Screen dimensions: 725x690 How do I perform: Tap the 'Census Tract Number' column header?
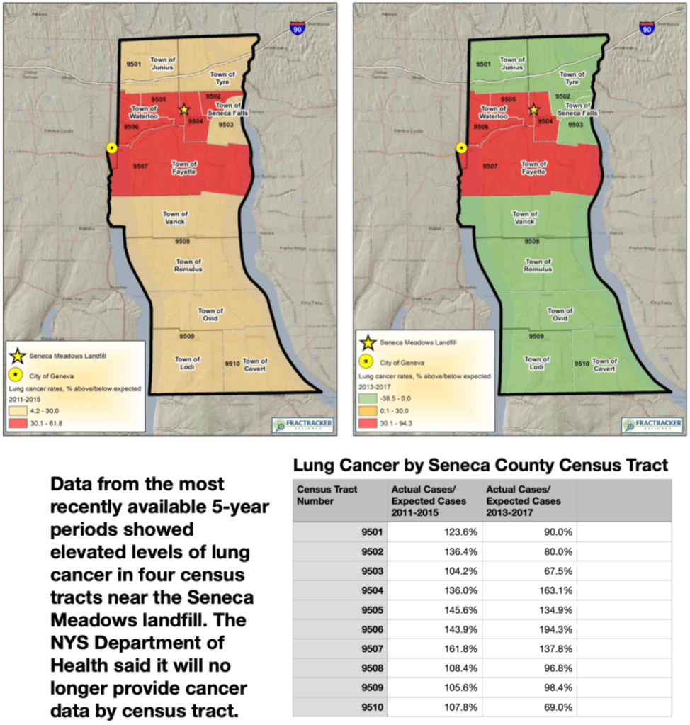(x=328, y=495)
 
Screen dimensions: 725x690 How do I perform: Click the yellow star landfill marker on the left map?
(x=184, y=109)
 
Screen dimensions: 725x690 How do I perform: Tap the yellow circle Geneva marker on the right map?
(x=461, y=147)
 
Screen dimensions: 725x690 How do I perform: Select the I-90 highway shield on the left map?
(x=298, y=28)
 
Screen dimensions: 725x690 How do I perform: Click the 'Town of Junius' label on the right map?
(x=511, y=64)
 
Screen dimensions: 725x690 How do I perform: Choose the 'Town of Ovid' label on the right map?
(x=560, y=314)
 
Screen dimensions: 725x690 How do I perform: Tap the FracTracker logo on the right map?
(x=651, y=425)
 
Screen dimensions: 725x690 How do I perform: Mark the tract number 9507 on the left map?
(x=140, y=166)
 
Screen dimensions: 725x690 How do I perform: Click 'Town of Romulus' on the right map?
(x=538, y=265)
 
